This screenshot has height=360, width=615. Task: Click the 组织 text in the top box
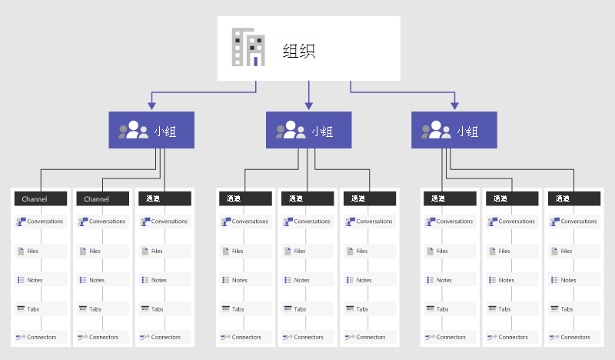coord(299,52)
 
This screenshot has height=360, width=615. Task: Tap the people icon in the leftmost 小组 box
coord(133,130)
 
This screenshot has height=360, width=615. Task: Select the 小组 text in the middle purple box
coord(322,132)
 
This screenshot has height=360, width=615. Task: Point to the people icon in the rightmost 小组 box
coord(435,130)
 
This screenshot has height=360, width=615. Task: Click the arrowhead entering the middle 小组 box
coord(308,107)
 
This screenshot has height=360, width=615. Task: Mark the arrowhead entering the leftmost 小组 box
coord(151,107)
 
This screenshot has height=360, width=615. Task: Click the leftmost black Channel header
coord(35,198)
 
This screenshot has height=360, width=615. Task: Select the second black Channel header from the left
coord(97,198)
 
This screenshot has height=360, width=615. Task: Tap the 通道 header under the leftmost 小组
coord(158,198)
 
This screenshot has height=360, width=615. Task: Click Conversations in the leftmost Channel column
coord(45,222)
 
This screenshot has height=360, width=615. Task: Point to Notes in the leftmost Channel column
coord(35,280)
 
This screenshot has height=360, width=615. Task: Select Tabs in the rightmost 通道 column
coord(567,309)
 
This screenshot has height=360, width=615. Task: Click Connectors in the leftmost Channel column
coord(42,337)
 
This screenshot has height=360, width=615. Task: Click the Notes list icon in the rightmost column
coord(554,280)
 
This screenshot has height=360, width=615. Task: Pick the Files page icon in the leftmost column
coord(20,251)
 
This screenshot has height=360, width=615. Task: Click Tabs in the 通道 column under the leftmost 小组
coord(158,309)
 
